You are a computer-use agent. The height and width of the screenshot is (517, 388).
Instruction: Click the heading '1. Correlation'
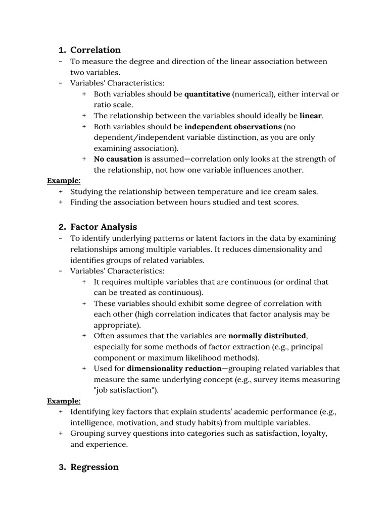(x=89, y=50)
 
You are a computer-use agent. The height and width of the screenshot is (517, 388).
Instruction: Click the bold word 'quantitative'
(x=207, y=94)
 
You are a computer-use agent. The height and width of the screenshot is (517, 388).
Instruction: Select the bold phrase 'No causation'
(x=118, y=159)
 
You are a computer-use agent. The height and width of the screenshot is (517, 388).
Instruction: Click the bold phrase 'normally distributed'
(x=267, y=336)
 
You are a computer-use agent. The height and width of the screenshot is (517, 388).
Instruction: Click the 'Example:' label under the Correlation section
(x=64, y=181)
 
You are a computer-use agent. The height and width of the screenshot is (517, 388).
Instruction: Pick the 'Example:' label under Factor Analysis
(x=64, y=401)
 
